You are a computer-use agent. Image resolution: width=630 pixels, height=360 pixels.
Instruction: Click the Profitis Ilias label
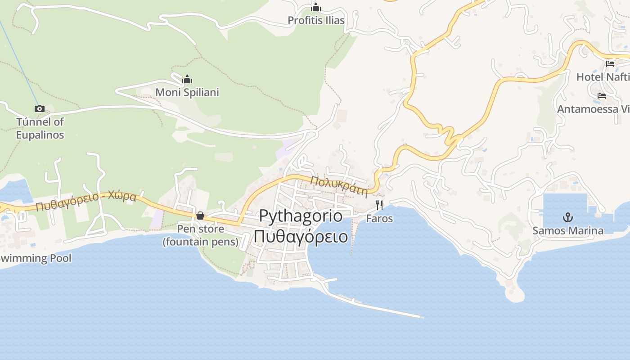click(316, 20)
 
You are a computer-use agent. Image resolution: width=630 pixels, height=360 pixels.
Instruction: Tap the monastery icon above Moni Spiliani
click(187, 80)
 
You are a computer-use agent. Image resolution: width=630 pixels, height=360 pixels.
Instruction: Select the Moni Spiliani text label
click(187, 92)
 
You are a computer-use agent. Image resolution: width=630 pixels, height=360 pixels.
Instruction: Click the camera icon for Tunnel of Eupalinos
click(40, 108)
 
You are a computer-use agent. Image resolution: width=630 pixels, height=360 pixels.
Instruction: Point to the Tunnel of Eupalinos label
click(40, 128)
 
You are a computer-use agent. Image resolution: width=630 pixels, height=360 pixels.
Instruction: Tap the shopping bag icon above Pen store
click(200, 216)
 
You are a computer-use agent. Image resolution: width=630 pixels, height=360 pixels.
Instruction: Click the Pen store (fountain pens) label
click(200, 235)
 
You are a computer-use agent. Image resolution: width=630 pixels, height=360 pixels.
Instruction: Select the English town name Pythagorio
click(301, 216)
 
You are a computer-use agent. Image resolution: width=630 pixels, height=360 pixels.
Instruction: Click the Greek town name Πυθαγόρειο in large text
click(301, 236)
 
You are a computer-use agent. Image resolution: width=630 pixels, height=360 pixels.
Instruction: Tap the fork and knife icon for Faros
click(379, 205)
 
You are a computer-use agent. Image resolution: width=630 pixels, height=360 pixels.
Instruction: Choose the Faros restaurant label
click(379, 219)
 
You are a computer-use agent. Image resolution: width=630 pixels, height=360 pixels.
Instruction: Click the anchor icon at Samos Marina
click(568, 218)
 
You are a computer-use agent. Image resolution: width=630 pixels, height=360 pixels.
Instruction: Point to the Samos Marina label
click(568, 231)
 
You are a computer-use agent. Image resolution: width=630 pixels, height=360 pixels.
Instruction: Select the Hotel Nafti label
click(603, 77)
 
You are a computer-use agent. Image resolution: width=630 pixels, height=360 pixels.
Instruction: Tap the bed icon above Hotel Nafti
click(610, 64)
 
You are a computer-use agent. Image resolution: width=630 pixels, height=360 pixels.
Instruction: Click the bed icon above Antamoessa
click(602, 95)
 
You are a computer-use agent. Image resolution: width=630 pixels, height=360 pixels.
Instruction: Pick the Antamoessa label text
click(593, 109)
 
